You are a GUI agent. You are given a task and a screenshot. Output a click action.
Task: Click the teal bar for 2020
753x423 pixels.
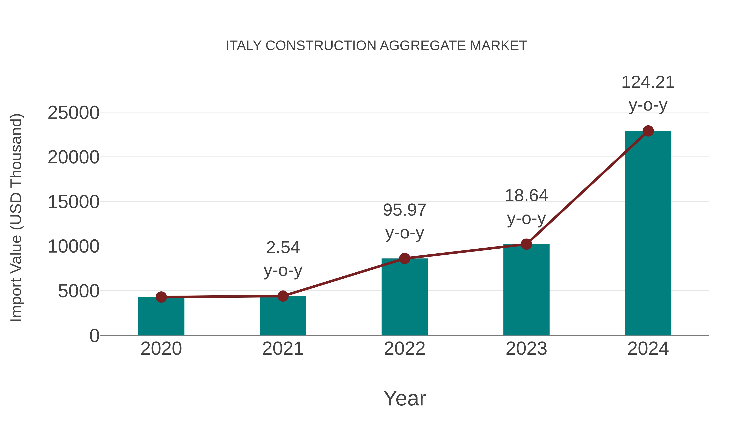coord(161,317)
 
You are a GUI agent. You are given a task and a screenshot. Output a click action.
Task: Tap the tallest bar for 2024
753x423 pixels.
coord(648,234)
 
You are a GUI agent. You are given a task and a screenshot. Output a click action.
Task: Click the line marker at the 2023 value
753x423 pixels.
coord(526,244)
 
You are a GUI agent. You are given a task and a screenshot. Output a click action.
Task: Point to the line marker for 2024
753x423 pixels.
coord(648,131)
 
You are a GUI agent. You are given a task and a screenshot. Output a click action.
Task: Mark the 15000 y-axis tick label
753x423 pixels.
coord(73,202)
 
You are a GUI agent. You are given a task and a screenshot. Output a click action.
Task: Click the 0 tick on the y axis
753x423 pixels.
coord(94,336)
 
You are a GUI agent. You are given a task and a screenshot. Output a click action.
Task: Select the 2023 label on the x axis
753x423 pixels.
coord(526,349)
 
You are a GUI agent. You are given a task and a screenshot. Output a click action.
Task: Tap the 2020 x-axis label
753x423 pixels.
coord(161,349)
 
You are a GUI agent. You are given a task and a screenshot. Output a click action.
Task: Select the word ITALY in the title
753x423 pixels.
coord(243,46)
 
